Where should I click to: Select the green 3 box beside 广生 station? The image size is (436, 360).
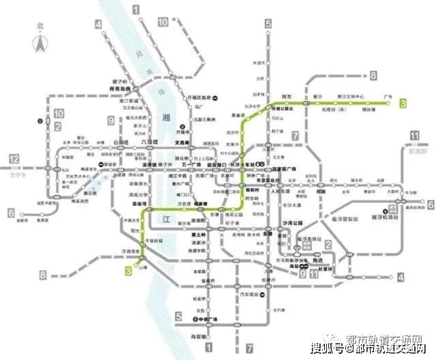click(403, 103)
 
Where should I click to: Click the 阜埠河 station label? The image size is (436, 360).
click(140, 203)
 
